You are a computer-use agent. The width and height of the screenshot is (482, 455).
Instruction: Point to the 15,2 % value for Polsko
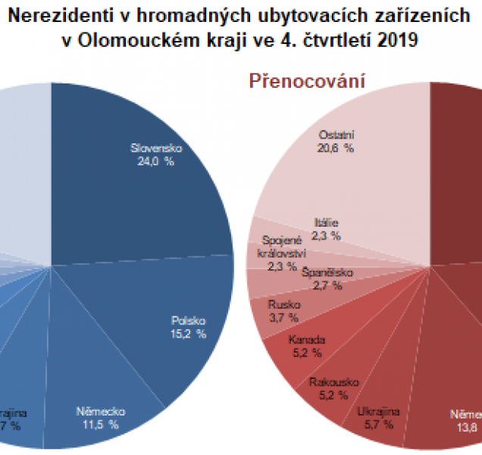coord(189,333)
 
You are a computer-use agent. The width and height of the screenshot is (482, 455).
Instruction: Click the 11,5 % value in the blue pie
coord(100,425)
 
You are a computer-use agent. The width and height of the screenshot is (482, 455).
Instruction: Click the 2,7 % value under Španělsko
coord(327,285)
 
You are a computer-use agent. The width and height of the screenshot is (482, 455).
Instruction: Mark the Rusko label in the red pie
coord(283,304)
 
